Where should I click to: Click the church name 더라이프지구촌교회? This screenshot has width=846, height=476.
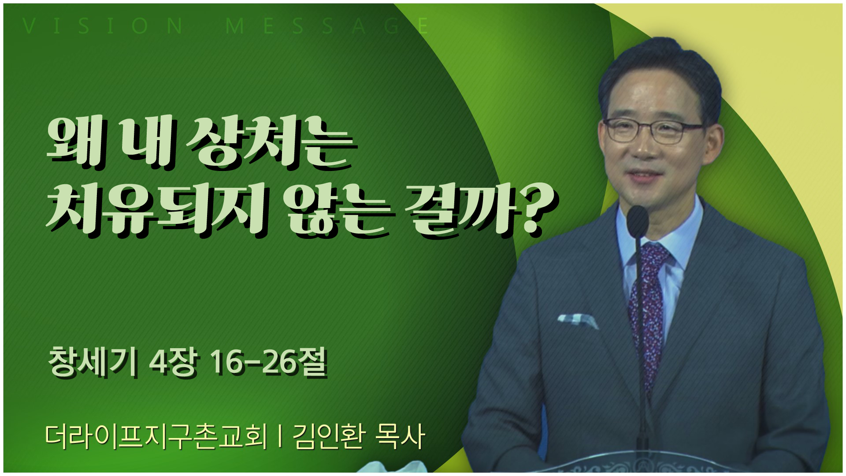(156, 437)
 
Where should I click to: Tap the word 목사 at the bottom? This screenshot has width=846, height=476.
(399, 437)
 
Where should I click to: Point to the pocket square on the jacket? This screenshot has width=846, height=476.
(577, 320)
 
